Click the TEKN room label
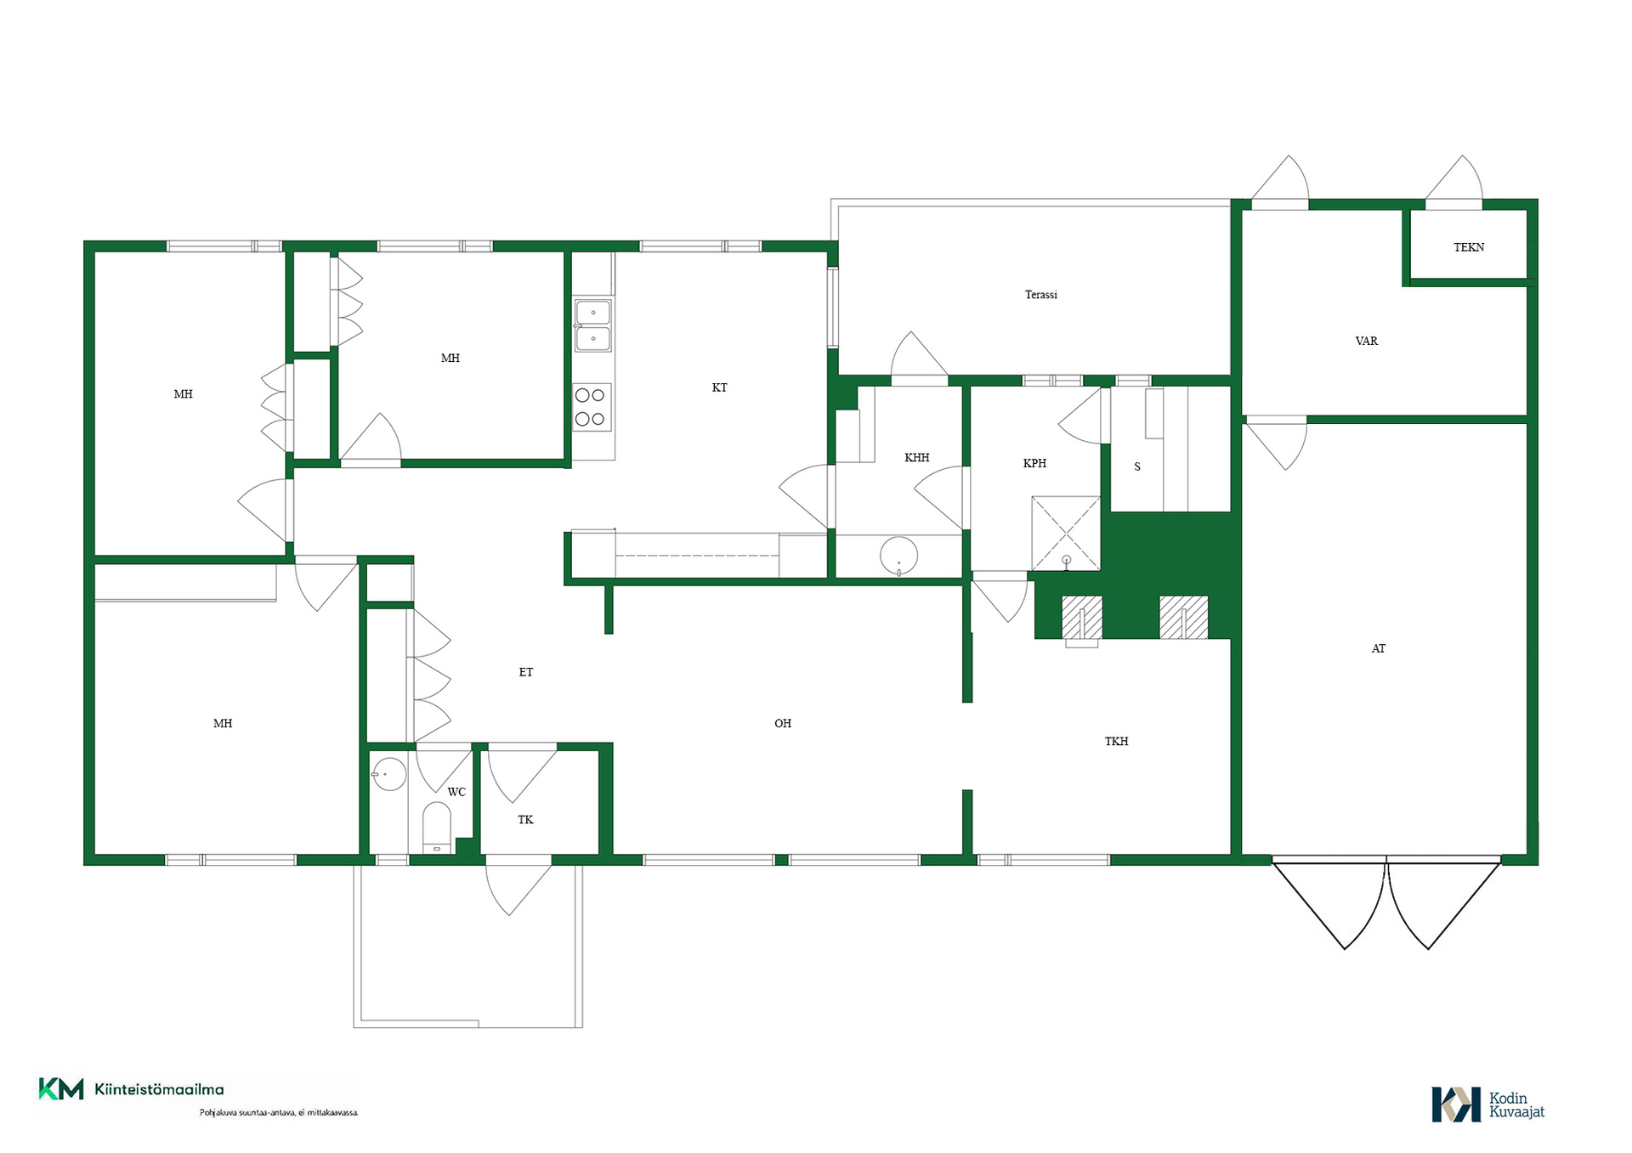(1469, 247)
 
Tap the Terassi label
(1041, 295)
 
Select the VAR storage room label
(1367, 341)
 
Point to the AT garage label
(1379, 648)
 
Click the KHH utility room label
(917, 458)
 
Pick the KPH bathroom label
(1034, 463)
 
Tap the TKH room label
(1117, 741)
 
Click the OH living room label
(783, 723)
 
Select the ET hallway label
(526, 672)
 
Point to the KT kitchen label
(720, 387)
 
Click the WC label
(456, 792)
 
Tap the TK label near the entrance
(526, 820)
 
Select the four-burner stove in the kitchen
(592, 407)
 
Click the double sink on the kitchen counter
(592, 325)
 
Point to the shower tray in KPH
(1066, 534)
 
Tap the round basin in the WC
(389, 774)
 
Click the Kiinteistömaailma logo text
(159, 1089)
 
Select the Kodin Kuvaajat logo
(1487, 1104)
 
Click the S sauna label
(1137, 466)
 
